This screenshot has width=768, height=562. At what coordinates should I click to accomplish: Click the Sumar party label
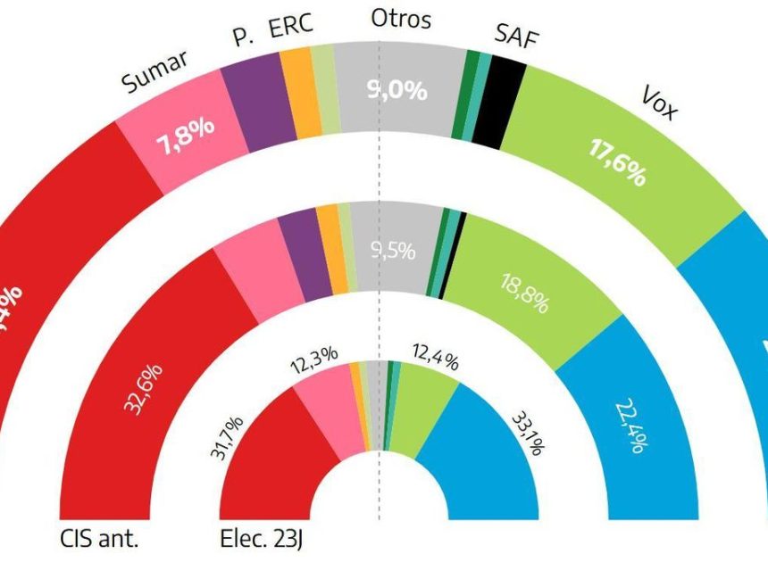coord(155,71)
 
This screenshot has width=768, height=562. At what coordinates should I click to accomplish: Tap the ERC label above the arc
coord(291,26)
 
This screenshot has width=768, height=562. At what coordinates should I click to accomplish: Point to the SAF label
coord(515,37)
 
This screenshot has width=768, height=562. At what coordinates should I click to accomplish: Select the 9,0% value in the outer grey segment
coord(397,90)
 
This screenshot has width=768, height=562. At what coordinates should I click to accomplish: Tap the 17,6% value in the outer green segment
coord(617,161)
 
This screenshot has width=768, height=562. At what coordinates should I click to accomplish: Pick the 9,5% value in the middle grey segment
coord(393,252)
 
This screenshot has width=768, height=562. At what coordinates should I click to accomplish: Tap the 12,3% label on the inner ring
coord(314,354)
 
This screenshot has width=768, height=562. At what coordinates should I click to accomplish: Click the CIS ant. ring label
coord(101,539)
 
